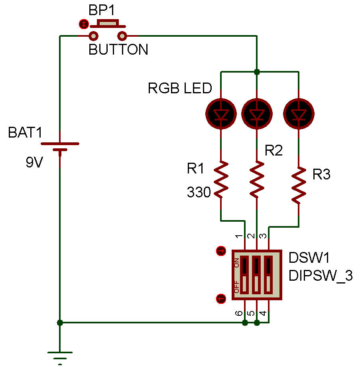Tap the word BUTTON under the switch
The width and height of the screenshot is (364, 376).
(118, 50)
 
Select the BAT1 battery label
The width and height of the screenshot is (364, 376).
(25, 133)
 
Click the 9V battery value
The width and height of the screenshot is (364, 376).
(34, 163)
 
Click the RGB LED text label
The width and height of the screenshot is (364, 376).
(180, 88)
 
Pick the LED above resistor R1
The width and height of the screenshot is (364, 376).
(220, 114)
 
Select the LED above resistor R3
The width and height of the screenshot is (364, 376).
(299, 114)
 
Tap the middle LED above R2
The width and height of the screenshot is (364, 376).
(257, 114)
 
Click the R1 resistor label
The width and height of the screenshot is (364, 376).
(195, 169)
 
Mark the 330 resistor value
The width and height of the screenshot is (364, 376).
(199, 193)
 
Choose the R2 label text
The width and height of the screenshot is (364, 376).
(273, 151)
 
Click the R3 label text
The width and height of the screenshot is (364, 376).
(321, 175)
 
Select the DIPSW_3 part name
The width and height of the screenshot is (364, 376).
(321, 276)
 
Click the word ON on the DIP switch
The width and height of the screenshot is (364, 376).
(237, 263)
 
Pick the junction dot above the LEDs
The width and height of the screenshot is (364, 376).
(257, 72)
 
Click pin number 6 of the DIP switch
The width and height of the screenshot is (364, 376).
(239, 313)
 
